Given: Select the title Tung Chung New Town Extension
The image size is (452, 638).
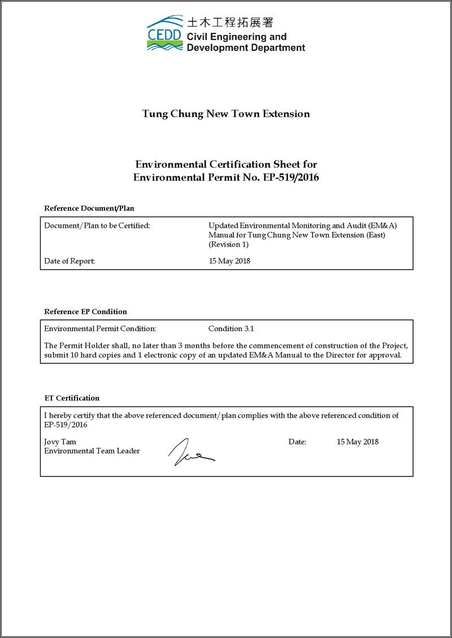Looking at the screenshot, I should [x=226, y=114].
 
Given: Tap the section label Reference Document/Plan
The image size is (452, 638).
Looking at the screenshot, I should [x=89, y=208].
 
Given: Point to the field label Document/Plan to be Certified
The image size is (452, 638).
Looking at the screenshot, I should [x=97, y=225].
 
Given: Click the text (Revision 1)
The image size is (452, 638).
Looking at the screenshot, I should [x=228, y=245].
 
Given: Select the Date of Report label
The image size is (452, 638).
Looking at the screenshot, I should [x=69, y=261].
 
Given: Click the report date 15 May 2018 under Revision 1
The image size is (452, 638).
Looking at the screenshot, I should [x=229, y=261].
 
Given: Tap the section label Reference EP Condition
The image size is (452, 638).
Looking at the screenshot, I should [x=85, y=311].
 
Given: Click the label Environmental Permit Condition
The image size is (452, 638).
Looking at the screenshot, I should [x=99, y=328].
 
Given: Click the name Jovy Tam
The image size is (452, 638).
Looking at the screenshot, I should [x=60, y=442].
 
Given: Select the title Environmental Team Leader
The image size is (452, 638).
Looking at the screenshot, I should [x=92, y=451].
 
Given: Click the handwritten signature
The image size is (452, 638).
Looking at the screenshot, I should [x=190, y=453].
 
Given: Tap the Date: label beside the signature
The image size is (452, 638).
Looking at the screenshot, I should [x=297, y=442].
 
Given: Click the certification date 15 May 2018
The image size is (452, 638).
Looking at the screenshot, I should [x=357, y=442].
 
